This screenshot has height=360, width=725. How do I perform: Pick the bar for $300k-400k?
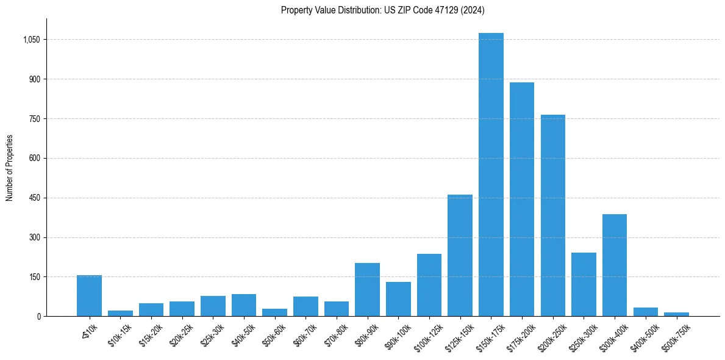click(x=615, y=265)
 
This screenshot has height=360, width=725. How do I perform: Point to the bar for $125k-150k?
click(x=460, y=256)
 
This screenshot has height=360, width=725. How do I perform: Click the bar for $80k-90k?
click(x=367, y=290)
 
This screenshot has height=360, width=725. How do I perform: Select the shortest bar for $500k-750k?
click(x=676, y=314)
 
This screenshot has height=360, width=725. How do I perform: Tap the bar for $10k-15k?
click(x=120, y=314)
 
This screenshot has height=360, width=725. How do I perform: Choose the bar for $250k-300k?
click(x=584, y=284)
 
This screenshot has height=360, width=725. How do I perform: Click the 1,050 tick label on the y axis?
click(x=32, y=40)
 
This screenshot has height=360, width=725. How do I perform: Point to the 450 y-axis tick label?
click(x=35, y=198)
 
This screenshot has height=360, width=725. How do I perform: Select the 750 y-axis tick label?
click(x=35, y=119)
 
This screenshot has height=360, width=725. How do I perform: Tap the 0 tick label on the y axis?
click(x=39, y=317)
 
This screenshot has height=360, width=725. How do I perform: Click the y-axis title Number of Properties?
click(x=9, y=167)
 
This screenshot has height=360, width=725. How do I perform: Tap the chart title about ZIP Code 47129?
click(x=383, y=10)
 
